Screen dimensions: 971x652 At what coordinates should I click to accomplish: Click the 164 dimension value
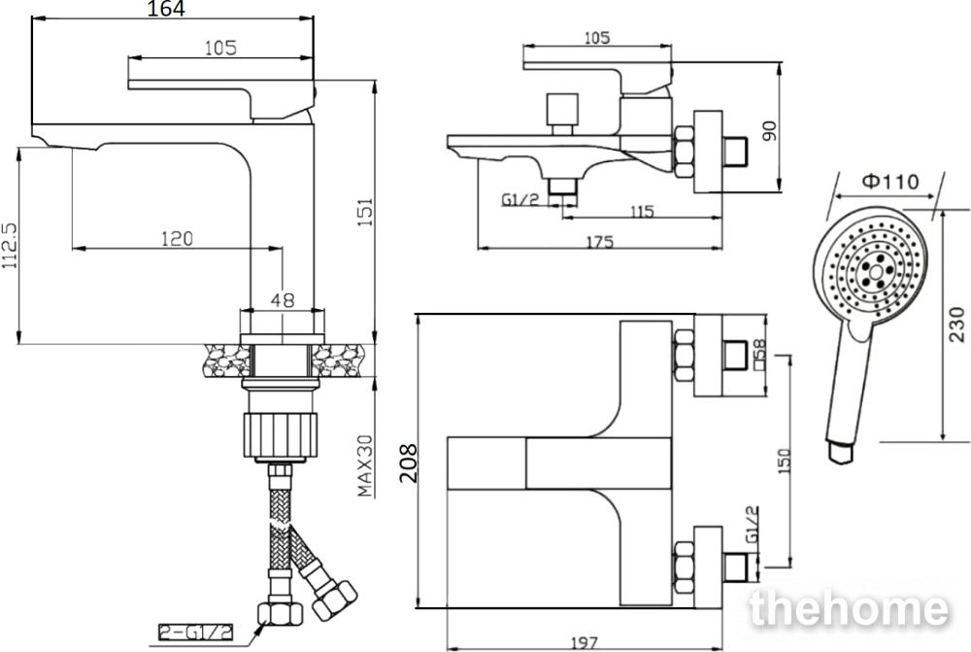click(x=166, y=9)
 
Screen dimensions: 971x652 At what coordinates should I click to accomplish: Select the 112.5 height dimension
click(x=11, y=246)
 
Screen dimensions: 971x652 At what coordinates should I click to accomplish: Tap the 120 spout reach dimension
click(x=177, y=238)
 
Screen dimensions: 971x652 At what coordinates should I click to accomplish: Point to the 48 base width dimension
click(x=283, y=300)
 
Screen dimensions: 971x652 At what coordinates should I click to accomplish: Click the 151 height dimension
click(x=365, y=212)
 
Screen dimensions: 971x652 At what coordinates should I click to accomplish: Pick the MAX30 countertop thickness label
click(x=365, y=465)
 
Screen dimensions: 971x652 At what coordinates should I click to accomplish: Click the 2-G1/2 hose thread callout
click(x=196, y=632)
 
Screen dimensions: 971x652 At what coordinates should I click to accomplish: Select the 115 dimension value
click(x=642, y=212)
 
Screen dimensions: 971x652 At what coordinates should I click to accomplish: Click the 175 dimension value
click(x=599, y=242)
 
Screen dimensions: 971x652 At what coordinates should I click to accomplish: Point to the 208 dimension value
click(x=408, y=463)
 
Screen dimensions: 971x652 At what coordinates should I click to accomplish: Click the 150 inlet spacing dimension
click(x=784, y=462)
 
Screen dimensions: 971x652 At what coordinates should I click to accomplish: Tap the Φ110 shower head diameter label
click(x=889, y=182)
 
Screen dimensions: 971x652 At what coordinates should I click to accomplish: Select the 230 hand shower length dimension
click(x=956, y=325)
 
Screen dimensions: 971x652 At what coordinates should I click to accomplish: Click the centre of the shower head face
click(x=875, y=271)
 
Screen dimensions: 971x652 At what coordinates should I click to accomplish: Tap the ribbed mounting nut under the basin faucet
click(x=281, y=434)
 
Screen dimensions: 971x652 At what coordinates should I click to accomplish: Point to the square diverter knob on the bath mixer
click(x=562, y=110)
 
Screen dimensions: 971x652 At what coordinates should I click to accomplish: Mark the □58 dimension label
click(x=759, y=354)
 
